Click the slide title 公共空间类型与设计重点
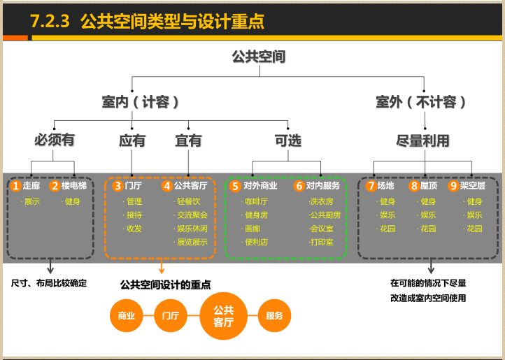click(172, 21)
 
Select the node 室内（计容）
click(141, 102)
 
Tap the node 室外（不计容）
click(421, 102)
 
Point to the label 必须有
click(54, 140)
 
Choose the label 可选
click(287, 141)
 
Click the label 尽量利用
click(422, 141)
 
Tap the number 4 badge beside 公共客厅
click(166, 186)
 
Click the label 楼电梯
click(73, 186)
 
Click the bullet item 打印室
click(321, 242)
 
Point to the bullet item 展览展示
click(192, 242)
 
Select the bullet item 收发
click(134, 229)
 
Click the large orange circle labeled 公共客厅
click(223, 316)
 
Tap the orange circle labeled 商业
click(127, 316)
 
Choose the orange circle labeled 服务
click(274, 316)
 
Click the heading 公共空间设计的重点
click(166, 285)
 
